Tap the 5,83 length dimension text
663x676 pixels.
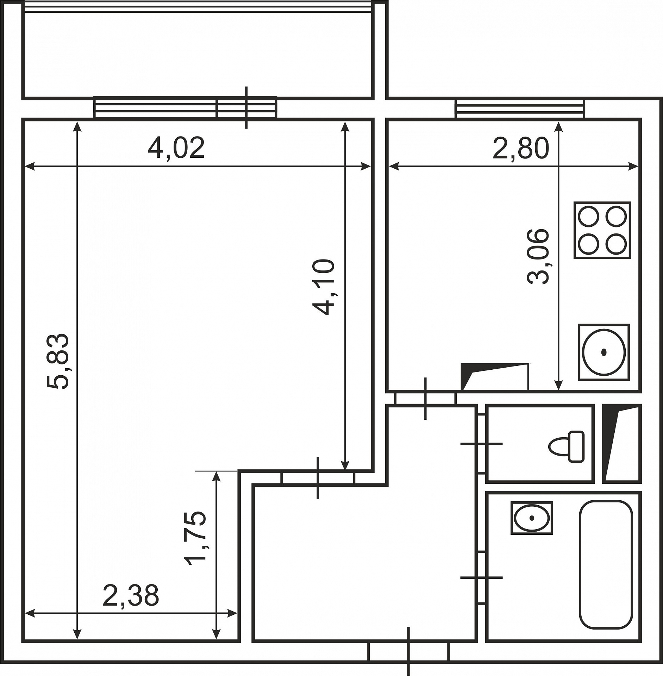(58, 361)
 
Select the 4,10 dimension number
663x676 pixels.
(323, 287)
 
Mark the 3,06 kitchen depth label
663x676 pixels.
(538, 257)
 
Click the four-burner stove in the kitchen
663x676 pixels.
(602, 230)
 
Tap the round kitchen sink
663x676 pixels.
(604, 352)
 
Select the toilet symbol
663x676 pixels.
(566, 446)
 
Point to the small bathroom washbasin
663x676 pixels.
(532, 518)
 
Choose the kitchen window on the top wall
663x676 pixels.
(520, 109)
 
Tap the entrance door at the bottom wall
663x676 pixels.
(408, 652)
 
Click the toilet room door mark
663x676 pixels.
(481, 444)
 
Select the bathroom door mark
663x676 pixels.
(481, 577)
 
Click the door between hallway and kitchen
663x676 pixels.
(425, 399)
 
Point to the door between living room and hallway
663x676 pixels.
(318, 478)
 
